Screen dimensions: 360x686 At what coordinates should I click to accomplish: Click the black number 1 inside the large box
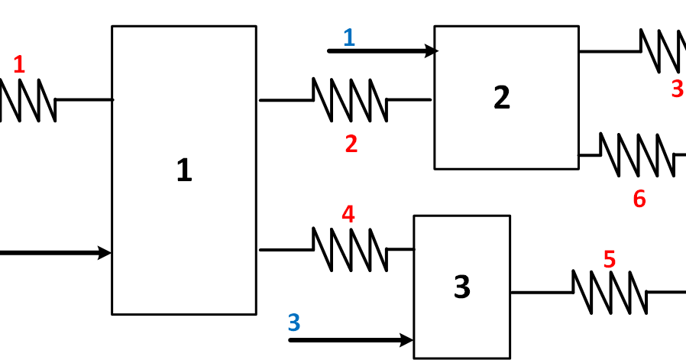pyautogui.click(x=184, y=170)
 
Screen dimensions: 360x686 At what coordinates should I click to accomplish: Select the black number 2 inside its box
pyautogui.click(x=501, y=97)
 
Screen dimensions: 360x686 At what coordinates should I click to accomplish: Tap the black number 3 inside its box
pyautogui.click(x=462, y=287)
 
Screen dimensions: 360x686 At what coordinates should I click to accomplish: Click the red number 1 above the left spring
pyautogui.click(x=19, y=66)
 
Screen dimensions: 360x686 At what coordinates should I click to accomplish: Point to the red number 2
pyautogui.click(x=351, y=144)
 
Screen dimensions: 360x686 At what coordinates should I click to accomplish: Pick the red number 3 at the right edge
pyautogui.click(x=677, y=89)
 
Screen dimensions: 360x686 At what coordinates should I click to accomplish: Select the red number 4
pyautogui.click(x=348, y=215)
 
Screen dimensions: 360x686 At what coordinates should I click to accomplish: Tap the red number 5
pyautogui.click(x=609, y=260)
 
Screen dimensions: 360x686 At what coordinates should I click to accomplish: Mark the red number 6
pyautogui.click(x=639, y=199)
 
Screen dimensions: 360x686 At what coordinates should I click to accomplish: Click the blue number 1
pyautogui.click(x=349, y=37)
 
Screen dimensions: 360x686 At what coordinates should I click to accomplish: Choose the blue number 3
pyautogui.click(x=294, y=323)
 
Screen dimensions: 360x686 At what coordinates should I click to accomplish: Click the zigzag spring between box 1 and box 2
pyautogui.click(x=350, y=100)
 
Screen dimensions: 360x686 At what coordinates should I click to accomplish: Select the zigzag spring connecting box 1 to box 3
pyautogui.click(x=350, y=249)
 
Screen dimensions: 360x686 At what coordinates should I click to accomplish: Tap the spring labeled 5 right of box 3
pyautogui.click(x=610, y=292)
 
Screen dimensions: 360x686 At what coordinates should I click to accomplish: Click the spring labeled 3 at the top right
pyautogui.click(x=662, y=51)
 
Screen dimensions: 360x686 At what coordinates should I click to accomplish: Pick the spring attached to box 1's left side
pyautogui.click(x=27, y=100)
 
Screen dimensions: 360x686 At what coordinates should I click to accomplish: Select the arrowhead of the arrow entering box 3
pyautogui.click(x=407, y=340)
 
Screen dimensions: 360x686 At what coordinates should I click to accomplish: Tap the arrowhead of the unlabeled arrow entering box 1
pyautogui.click(x=105, y=253)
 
